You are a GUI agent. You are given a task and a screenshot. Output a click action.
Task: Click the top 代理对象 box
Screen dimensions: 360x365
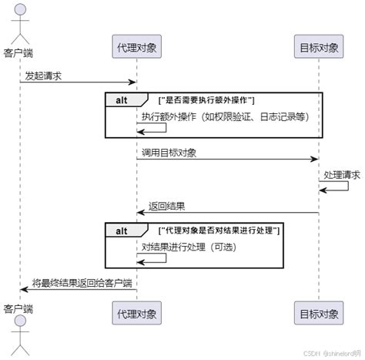(x=136, y=48)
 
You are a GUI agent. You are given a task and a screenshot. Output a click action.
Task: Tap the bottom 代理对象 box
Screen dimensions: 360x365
(x=136, y=314)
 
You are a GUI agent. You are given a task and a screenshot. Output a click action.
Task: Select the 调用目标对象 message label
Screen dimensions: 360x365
(x=169, y=153)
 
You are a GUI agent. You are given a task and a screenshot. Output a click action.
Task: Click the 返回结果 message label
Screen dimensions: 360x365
(x=164, y=207)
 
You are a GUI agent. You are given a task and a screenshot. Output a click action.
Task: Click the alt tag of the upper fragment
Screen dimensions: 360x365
(x=122, y=100)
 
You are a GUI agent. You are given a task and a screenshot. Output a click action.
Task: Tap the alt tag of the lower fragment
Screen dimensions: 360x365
(x=122, y=230)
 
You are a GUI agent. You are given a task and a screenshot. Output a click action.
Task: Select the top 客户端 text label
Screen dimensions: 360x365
(x=19, y=54)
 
